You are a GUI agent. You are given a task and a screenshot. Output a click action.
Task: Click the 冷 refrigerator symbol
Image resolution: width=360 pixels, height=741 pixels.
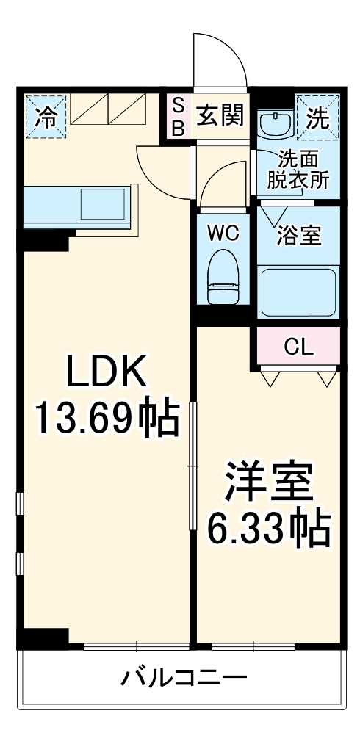(44, 116)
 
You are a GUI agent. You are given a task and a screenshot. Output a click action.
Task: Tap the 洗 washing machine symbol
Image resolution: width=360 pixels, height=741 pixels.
(317, 116)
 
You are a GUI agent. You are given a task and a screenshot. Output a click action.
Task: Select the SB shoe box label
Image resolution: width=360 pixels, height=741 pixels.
(178, 116)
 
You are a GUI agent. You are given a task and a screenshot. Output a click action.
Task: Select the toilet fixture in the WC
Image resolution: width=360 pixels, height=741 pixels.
(222, 278)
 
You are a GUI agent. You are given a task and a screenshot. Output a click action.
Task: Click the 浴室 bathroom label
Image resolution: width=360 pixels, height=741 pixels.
(298, 236)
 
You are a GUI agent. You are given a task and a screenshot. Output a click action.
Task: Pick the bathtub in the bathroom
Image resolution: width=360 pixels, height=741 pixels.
(298, 291)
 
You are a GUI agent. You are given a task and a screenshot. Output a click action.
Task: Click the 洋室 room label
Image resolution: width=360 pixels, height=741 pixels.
(269, 482)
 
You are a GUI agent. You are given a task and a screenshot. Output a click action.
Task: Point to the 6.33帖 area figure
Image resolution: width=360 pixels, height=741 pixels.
(269, 527)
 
